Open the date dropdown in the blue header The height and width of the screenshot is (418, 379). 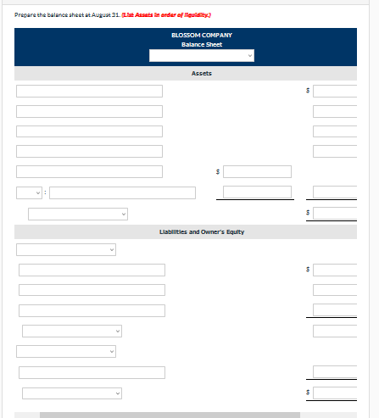coord(202,56)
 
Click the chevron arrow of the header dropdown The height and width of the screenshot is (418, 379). coord(249,56)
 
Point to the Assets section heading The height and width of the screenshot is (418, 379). coord(202,74)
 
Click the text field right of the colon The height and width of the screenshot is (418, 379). coord(105,192)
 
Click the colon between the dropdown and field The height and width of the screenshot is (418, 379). coord(46,192)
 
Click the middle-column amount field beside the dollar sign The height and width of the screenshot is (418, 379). coord(258,171)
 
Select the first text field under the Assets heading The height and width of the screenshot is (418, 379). coord(89,91)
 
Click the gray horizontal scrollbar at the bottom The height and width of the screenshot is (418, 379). coord(170,415)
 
